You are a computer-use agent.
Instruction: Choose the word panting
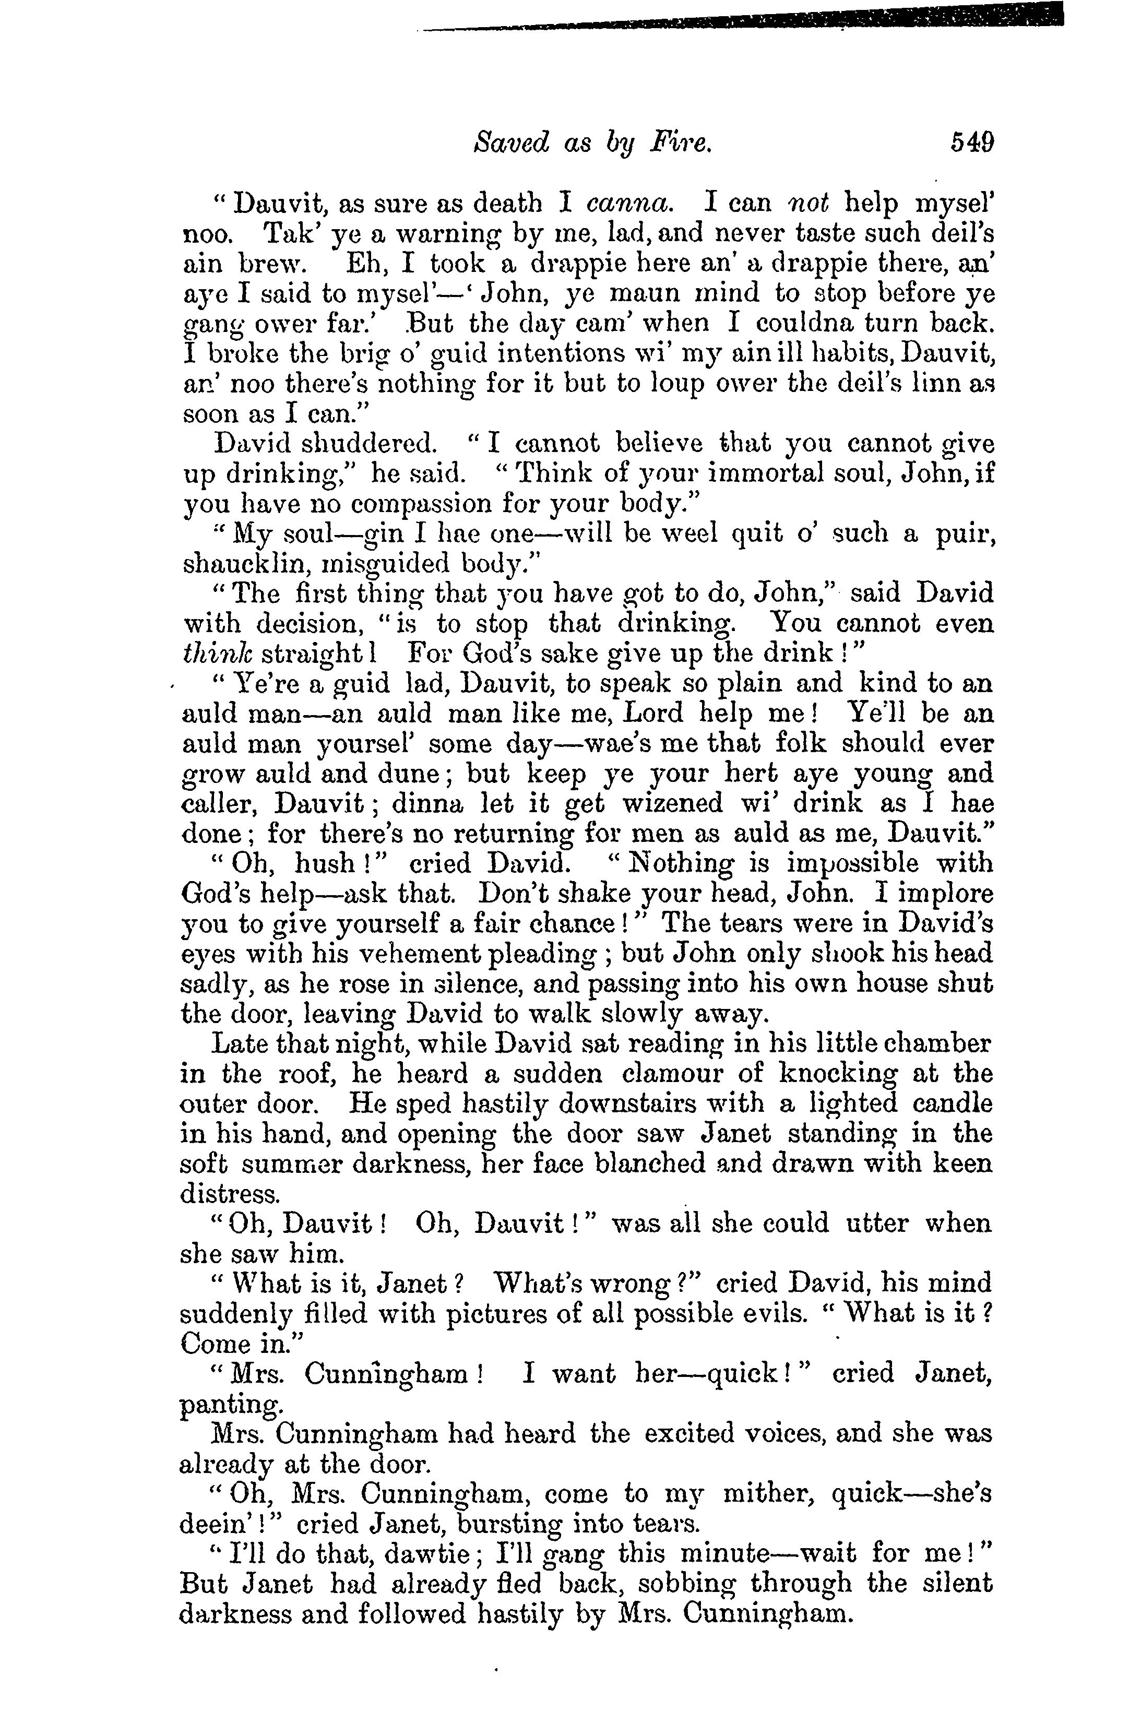pyautogui.click(x=229, y=1404)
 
